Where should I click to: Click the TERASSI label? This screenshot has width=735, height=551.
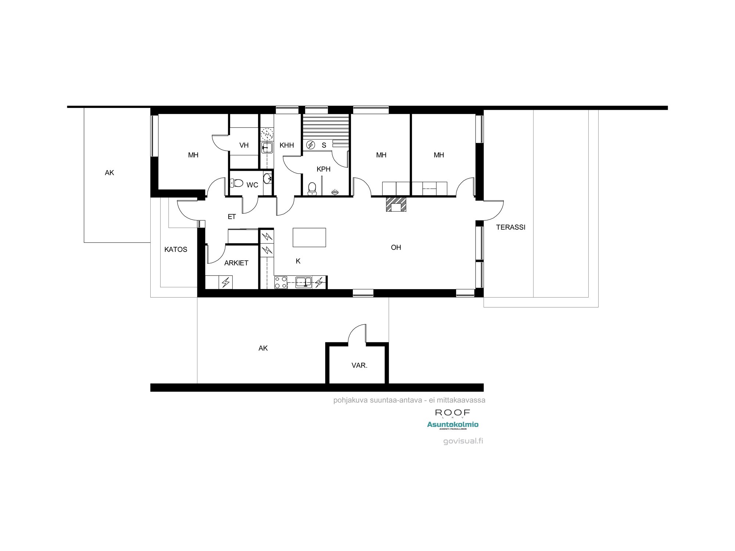coord(510,227)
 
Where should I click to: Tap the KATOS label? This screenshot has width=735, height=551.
coord(176,249)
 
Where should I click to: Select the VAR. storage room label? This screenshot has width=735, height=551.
coord(359,365)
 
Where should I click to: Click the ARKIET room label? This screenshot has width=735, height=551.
coord(236,263)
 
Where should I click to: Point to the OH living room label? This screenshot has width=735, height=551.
coord(396,248)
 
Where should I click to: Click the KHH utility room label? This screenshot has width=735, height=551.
coord(287,145)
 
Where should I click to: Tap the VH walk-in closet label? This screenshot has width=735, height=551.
coord(244,145)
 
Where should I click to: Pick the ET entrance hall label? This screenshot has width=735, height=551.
coord(232,217)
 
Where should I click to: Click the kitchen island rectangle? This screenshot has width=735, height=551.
coord(309,237)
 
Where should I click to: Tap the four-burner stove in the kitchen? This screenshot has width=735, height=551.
coord(281,282)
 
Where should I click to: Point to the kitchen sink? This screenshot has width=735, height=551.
coord(304,282)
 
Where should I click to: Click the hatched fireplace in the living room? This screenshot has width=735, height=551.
coord(396,204)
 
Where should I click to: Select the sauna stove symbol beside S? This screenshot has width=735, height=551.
coord(311,145)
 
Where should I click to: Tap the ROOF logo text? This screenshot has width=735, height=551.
coord(452,413)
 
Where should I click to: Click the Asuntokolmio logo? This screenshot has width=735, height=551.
coord(453,425)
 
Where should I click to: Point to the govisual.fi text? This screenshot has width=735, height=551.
coord(463,441)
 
